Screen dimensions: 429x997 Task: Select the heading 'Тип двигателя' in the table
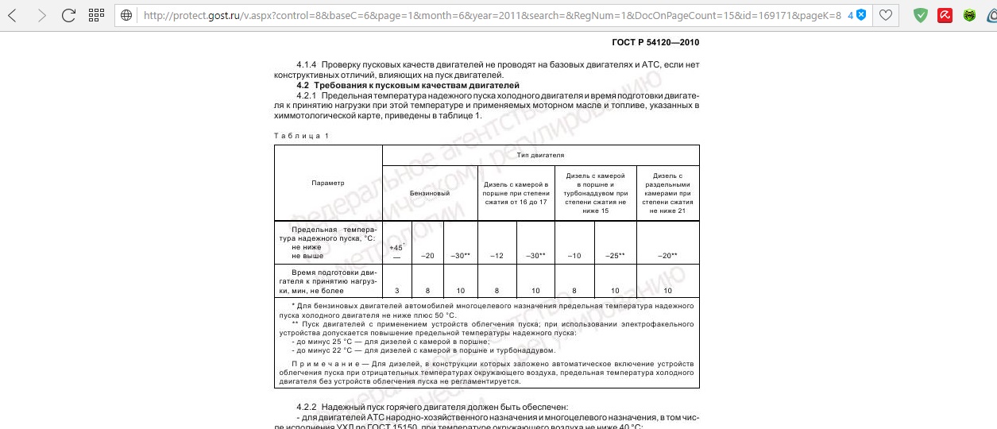pos(540,154)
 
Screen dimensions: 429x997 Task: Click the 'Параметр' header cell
pos(328,184)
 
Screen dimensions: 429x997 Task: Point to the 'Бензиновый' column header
pos(430,193)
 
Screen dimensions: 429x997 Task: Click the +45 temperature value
pos(396,248)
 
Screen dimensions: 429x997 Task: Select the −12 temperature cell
pos(497,255)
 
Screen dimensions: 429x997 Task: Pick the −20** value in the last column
pos(667,255)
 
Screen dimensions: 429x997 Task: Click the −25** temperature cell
pos(615,255)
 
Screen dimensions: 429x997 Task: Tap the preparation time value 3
pos(397,290)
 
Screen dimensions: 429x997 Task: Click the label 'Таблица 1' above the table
pos(301,136)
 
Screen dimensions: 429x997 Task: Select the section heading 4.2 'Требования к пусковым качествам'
pos(408,84)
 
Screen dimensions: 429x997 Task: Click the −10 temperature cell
pos(574,255)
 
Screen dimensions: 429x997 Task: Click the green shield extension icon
pos(921,14)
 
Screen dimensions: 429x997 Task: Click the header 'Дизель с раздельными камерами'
pos(667,193)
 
